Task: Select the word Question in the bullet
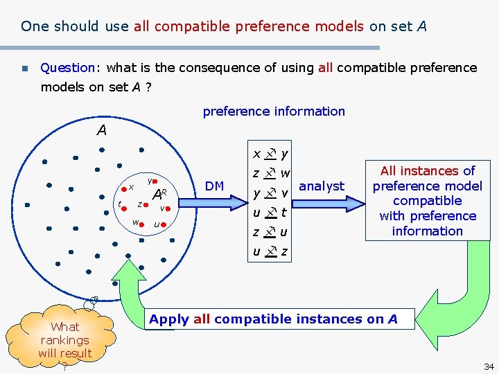(67, 68)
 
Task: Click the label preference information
(273, 112)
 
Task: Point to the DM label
(215, 186)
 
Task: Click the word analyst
(322, 186)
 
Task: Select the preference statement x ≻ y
(270, 153)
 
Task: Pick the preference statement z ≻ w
(271, 173)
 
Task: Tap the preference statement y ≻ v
(270, 193)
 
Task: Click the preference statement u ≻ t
(270, 213)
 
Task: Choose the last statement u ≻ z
(270, 251)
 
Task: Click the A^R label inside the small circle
(160, 194)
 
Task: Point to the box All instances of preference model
(427, 201)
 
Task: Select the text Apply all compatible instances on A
(273, 319)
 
